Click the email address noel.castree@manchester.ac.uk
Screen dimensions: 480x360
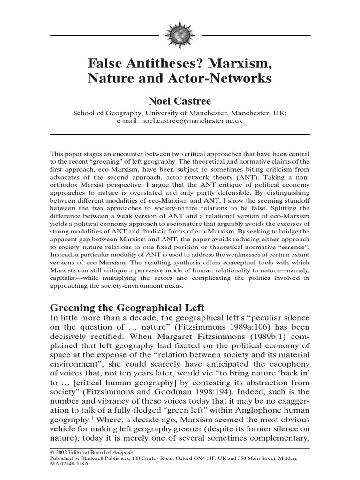(x=192, y=120)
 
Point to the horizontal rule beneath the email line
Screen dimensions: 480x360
(x=180, y=135)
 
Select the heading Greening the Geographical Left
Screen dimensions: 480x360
(x=127, y=308)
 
